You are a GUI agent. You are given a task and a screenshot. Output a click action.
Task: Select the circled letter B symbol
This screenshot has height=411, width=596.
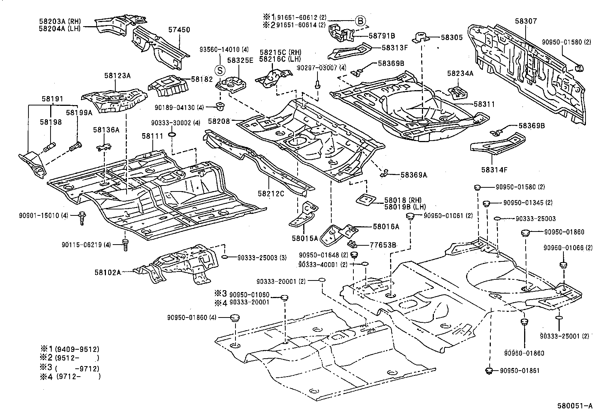tap(360, 21)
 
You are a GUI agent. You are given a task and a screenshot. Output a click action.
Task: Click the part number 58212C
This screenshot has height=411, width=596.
tap(271, 193)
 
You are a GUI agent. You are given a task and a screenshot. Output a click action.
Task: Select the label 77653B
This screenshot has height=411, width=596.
tap(383, 245)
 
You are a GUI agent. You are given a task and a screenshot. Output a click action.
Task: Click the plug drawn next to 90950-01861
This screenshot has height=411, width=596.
tap(488, 371)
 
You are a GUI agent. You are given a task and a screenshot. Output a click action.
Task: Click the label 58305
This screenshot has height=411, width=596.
tap(451, 37)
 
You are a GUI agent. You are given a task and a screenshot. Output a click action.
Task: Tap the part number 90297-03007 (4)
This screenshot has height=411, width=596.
tap(322, 68)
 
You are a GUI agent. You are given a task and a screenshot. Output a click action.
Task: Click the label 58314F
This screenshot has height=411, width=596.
tap(494, 170)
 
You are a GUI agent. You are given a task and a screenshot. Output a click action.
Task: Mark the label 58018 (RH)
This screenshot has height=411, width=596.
tap(399, 200)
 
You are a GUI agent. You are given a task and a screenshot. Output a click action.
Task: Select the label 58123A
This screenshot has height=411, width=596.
tap(117, 76)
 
